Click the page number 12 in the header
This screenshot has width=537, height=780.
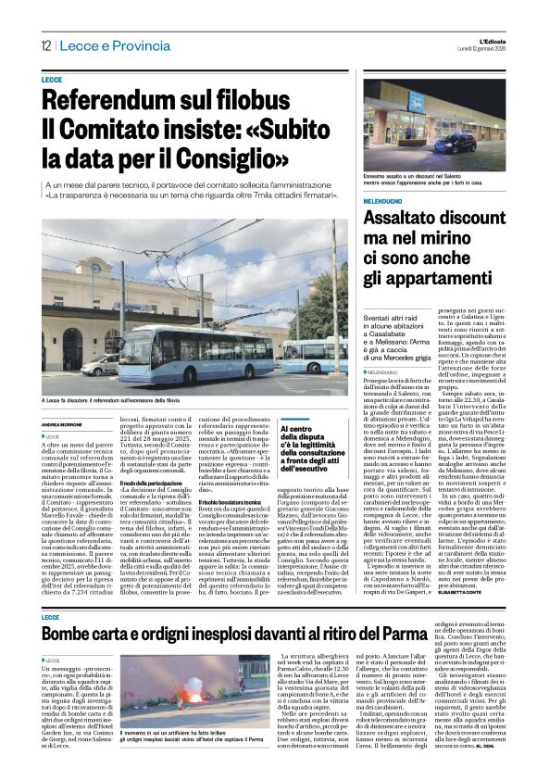click(x=45, y=46)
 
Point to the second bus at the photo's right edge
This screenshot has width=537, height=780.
click(x=318, y=357)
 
